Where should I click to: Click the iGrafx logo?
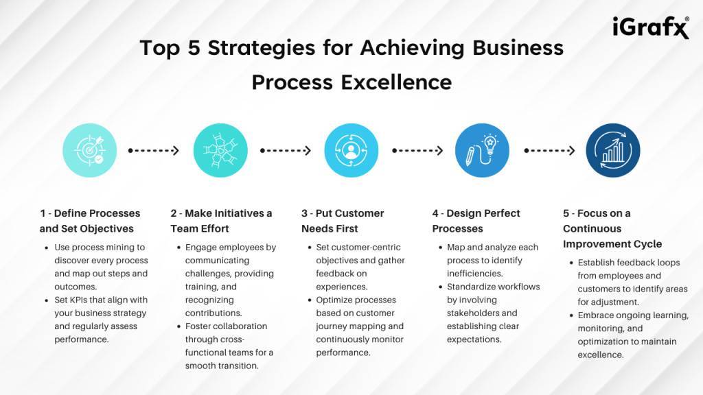coord(651,27)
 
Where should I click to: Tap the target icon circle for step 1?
coord(90,150)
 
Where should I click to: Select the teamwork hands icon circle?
coord(220,150)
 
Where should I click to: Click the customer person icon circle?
coord(351,150)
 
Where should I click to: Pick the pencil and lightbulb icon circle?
coord(483,150)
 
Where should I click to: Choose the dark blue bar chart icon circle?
coord(613,150)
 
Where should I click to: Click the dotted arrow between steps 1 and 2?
coord(154,150)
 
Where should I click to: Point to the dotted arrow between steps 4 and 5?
coord(550,150)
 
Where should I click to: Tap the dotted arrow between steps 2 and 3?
coord(286,150)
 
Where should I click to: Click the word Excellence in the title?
coord(396,82)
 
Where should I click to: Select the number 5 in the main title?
coord(194,48)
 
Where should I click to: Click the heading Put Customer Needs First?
coord(343,221)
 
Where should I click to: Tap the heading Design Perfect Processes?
coord(476,221)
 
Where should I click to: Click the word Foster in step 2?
coord(198,326)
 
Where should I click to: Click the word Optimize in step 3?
coord(334,300)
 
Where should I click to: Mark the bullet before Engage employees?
coord(179,248)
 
